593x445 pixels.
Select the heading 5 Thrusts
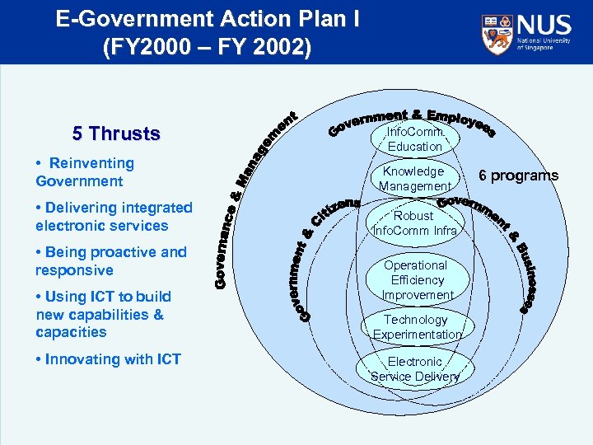click(116, 133)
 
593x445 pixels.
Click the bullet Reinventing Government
click(85, 172)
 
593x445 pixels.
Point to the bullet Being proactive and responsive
click(111, 261)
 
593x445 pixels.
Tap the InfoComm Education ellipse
click(415, 138)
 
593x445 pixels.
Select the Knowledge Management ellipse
click(414, 179)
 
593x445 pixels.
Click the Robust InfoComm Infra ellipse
click(414, 223)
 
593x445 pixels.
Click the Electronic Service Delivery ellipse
click(415, 369)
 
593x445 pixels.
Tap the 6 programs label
click(519, 175)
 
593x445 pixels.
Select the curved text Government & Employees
click(412, 120)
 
